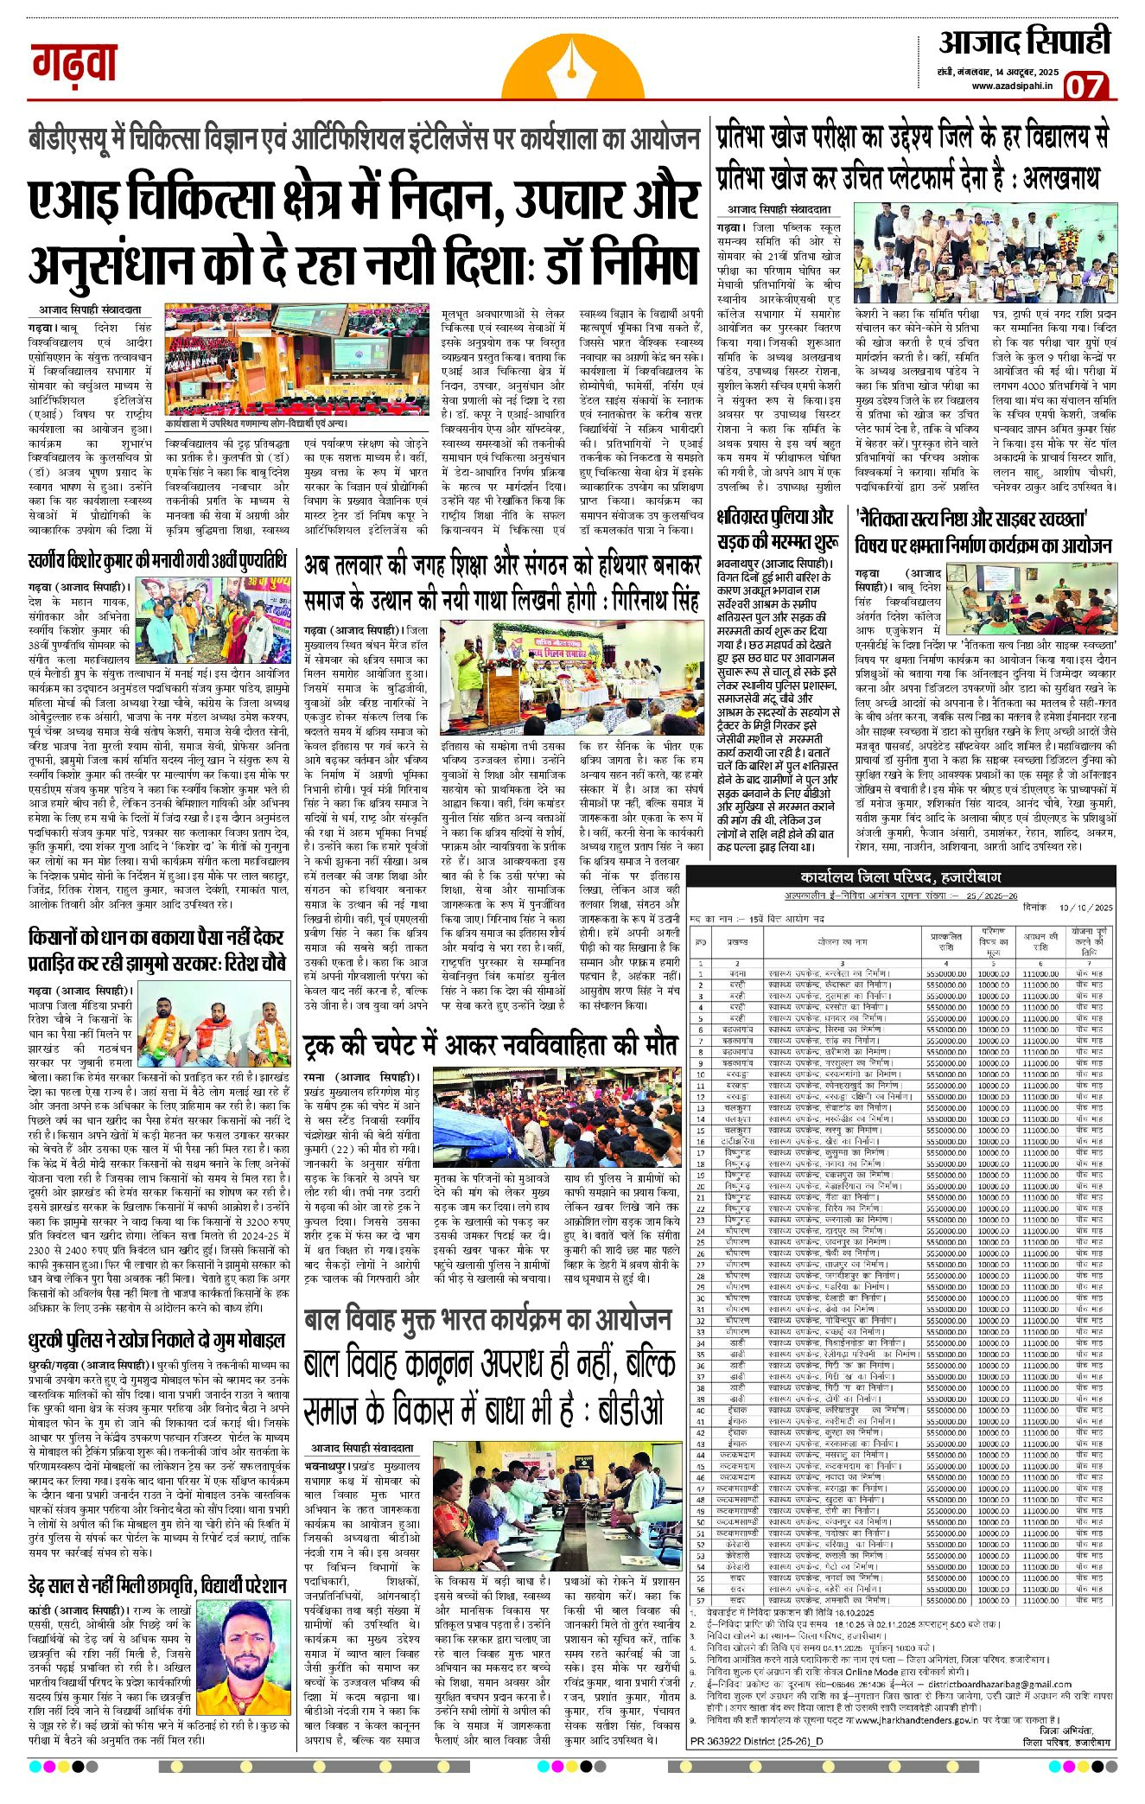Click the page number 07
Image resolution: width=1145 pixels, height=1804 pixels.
click(1085, 86)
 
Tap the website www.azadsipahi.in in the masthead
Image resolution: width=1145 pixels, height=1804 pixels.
click(1012, 85)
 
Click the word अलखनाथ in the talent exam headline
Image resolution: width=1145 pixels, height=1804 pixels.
click(1061, 178)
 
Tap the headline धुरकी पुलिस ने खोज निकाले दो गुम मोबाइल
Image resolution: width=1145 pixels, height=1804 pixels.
click(156, 1341)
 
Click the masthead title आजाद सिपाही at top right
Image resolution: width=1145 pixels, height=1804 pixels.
click(1025, 41)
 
